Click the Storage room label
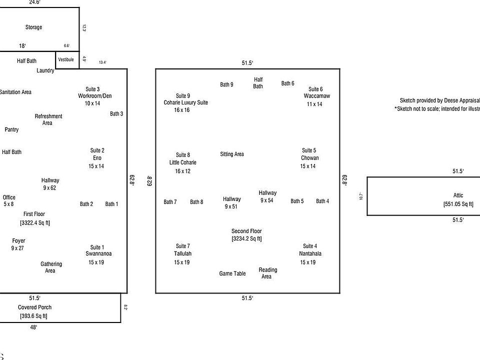point(33,27)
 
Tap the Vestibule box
point(66,59)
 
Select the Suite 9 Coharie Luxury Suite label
point(182,102)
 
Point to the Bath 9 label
point(226,84)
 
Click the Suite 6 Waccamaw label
point(316,96)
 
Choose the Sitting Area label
point(232,154)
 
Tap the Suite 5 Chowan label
point(308,158)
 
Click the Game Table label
point(232,273)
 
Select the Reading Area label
point(267,273)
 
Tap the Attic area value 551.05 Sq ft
point(458,204)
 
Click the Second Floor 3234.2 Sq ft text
point(246,239)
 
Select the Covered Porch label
point(34,307)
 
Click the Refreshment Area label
point(48,119)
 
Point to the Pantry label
point(11,129)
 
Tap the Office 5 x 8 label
point(9,200)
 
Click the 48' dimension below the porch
point(33,327)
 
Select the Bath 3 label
point(116,113)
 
